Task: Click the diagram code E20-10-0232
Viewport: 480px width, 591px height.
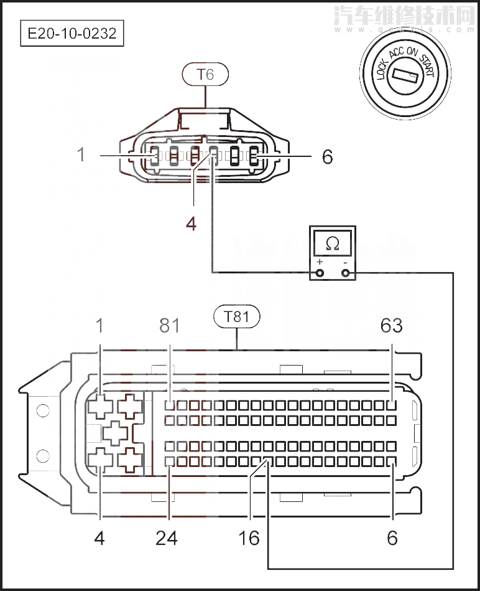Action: coord(72,33)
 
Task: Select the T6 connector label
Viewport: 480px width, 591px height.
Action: coord(205,75)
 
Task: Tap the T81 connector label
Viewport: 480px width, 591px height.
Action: coord(237,316)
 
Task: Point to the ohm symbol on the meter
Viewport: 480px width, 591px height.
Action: coord(333,242)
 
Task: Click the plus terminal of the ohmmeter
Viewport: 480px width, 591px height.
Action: coord(320,273)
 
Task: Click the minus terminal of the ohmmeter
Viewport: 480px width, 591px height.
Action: coord(345,273)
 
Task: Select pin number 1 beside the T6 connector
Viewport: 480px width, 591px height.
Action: coord(81,155)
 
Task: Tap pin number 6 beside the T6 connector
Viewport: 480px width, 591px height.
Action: coord(327,156)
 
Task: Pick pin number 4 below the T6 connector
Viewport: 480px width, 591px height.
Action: coord(191,224)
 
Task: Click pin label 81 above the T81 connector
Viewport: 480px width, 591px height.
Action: coord(168,325)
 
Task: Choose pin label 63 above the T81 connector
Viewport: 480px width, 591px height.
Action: coord(392,325)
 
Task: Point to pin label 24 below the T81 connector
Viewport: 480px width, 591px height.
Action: coord(167,537)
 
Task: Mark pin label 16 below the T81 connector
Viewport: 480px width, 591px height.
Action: coord(249,537)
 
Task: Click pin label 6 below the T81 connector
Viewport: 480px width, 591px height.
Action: coord(392,537)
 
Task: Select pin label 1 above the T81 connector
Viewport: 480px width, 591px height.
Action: coord(99,325)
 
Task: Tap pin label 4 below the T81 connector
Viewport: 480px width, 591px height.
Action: coord(99,537)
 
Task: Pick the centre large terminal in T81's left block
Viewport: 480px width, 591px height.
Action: coord(115,432)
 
